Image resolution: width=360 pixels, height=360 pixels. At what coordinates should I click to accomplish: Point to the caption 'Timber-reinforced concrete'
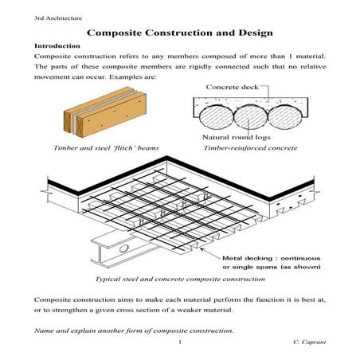[250, 148]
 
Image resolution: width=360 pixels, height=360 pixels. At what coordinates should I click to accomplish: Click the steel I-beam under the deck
[127, 248]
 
